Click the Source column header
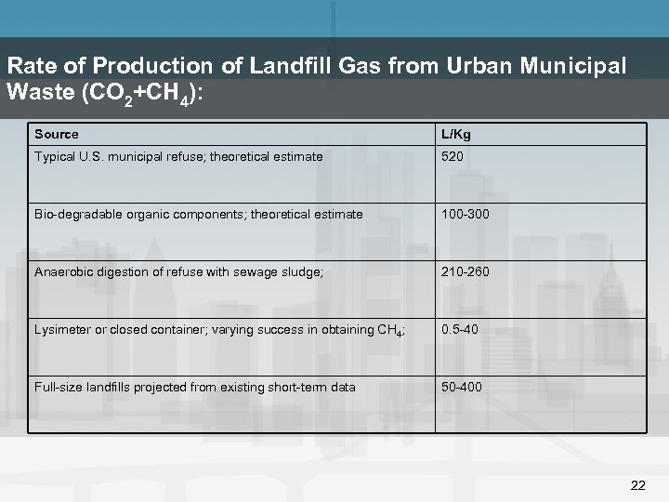tap(57, 135)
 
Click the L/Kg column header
tap(456, 135)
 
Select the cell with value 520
tap(453, 157)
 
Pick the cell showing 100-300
tap(466, 215)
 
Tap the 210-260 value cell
tap(466, 272)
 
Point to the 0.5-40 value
tap(460, 330)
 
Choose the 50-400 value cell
tap(462, 387)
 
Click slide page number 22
tap(637, 485)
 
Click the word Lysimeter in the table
tap(63, 330)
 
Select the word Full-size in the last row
tap(59, 387)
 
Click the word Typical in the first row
tap(56, 157)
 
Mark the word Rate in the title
tap(28, 67)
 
